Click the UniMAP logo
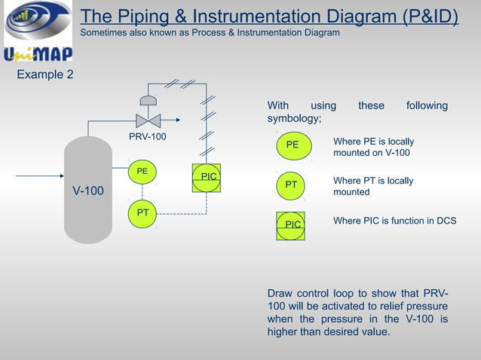[38, 31]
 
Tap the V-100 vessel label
[88, 191]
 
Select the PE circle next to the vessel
[142, 172]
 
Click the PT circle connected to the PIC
[142, 214]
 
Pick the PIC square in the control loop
[207, 178]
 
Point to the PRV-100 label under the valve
[148, 136]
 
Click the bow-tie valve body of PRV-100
[149, 121]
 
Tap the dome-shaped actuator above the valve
[149, 100]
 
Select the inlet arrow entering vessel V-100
[40, 176]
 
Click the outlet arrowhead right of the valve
[178, 120]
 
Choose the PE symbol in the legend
[294, 145]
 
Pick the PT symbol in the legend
[290, 186]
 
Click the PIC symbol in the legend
[290, 226]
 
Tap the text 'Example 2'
[45, 75]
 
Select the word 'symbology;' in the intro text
[294, 118]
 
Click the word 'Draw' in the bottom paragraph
[280, 293]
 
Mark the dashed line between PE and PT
[142, 192]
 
